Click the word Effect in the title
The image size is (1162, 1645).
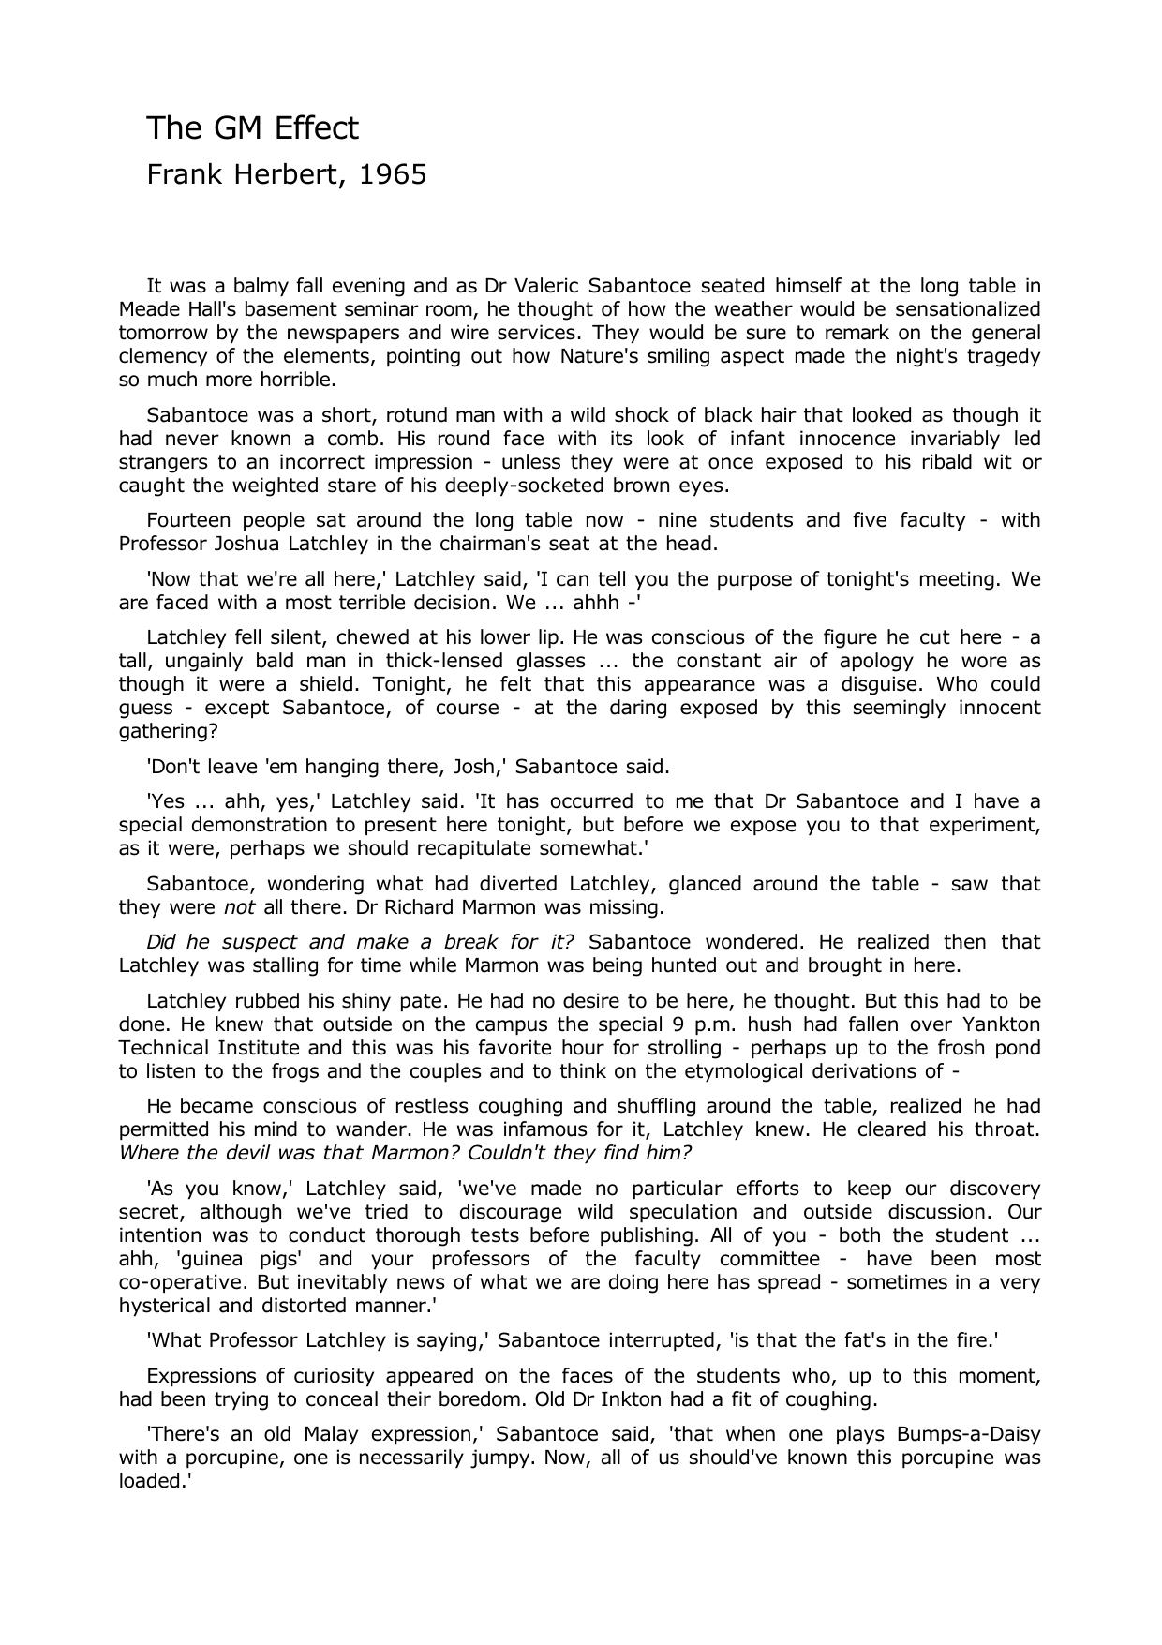point(316,127)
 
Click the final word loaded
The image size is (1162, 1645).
point(154,1482)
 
